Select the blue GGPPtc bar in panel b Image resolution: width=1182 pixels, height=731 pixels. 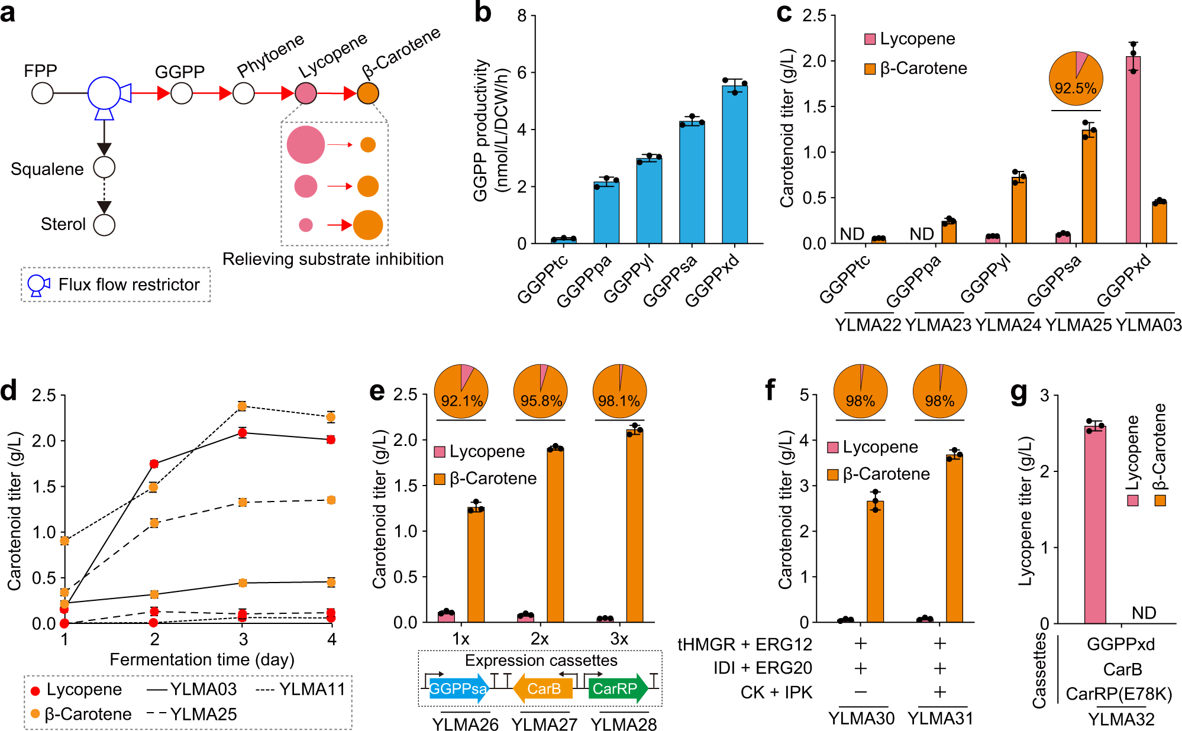(563, 240)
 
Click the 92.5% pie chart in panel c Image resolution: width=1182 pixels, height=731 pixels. (1076, 79)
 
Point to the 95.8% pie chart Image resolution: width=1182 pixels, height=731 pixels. (541, 392)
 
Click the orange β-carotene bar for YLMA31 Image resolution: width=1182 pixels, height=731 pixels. (954, 538)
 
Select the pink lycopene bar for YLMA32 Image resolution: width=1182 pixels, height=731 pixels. (1095, 524)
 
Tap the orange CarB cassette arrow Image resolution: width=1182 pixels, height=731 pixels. (542, 688)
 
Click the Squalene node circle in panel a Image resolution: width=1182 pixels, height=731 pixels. (105, 167)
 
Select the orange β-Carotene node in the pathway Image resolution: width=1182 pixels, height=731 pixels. (368, 93)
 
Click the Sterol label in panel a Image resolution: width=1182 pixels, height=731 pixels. (63, 224)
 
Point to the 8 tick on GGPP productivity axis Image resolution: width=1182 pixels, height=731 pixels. (522, 16)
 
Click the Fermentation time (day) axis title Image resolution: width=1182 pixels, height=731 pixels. (202, 659)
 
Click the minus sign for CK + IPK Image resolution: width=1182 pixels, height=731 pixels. (861, 692)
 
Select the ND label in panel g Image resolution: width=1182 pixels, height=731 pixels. (1144, 613)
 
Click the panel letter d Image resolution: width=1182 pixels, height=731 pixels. (9, 391)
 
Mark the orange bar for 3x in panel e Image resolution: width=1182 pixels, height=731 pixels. (634, 526)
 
